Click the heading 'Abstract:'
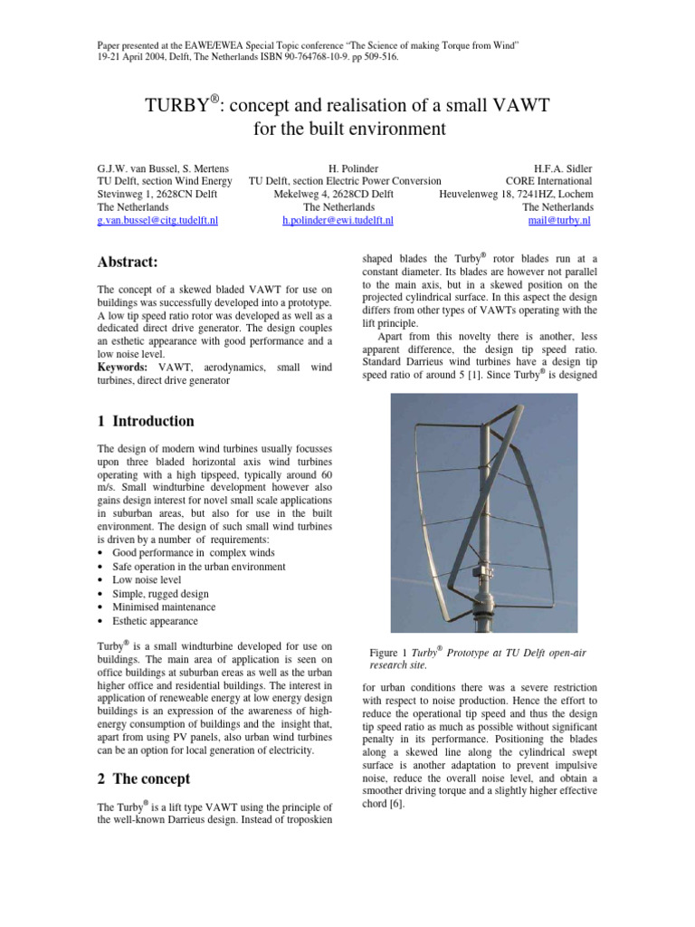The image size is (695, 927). [x=128, y=263]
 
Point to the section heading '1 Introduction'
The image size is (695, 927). [x=145, y=421]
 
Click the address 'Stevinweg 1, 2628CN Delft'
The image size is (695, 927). [x=161, y=194]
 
